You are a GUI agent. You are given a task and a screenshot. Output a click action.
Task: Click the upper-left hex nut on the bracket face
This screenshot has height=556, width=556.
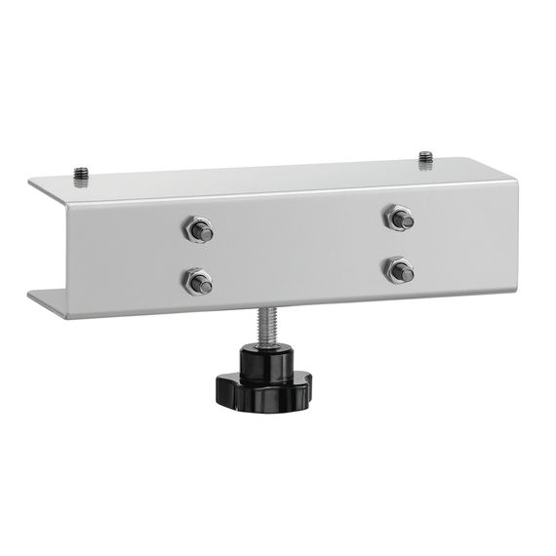click(196, 231)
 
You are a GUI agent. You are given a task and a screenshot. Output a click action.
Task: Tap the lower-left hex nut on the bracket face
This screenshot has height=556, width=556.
click(196, 282)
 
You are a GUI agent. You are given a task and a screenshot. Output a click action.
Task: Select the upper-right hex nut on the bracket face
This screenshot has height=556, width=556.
click(396, 218)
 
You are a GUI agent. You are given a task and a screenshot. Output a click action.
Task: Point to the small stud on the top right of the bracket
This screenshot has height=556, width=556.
click(425, 157)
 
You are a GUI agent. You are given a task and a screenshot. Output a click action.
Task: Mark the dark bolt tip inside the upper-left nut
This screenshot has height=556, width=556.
click(205, 233)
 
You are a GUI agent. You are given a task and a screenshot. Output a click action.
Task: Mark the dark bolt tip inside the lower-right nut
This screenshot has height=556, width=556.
click(406, 273)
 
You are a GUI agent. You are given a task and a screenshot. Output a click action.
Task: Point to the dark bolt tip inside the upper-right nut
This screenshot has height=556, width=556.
click(405, 220)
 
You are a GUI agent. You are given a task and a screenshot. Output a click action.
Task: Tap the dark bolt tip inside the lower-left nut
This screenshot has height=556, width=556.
click(205, 285)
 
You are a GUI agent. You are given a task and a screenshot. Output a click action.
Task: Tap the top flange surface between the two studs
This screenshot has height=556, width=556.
click(254, 174)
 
